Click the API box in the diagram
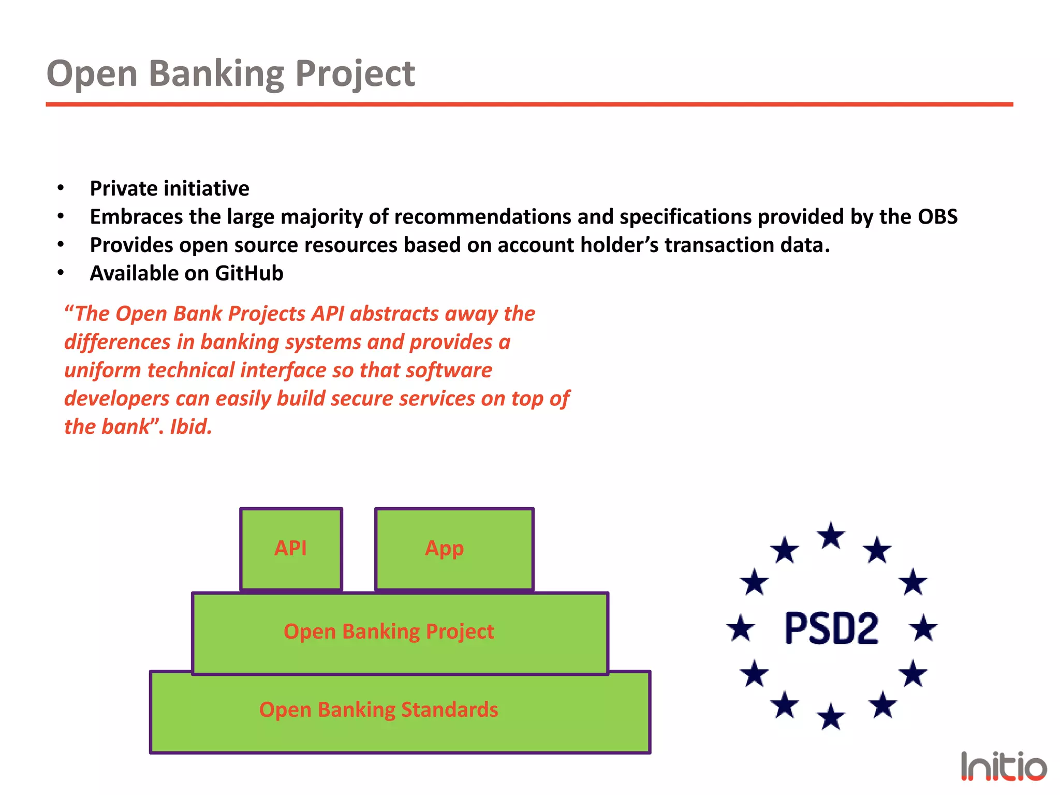pos(291,549)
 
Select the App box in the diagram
pos(454,549)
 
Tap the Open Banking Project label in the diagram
pos(389,631)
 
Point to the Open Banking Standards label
pos(378,710)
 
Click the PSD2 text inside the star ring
pos(831,628)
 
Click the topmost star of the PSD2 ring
pos(831,536)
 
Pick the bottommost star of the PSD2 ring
pos(831,717)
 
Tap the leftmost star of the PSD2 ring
pos(741,628)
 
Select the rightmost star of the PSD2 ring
pos(923,628)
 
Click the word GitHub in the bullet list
pos(249,273)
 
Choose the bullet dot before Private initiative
pos(61,188)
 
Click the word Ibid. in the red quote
pos(191,427)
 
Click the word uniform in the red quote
pos(102,371)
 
